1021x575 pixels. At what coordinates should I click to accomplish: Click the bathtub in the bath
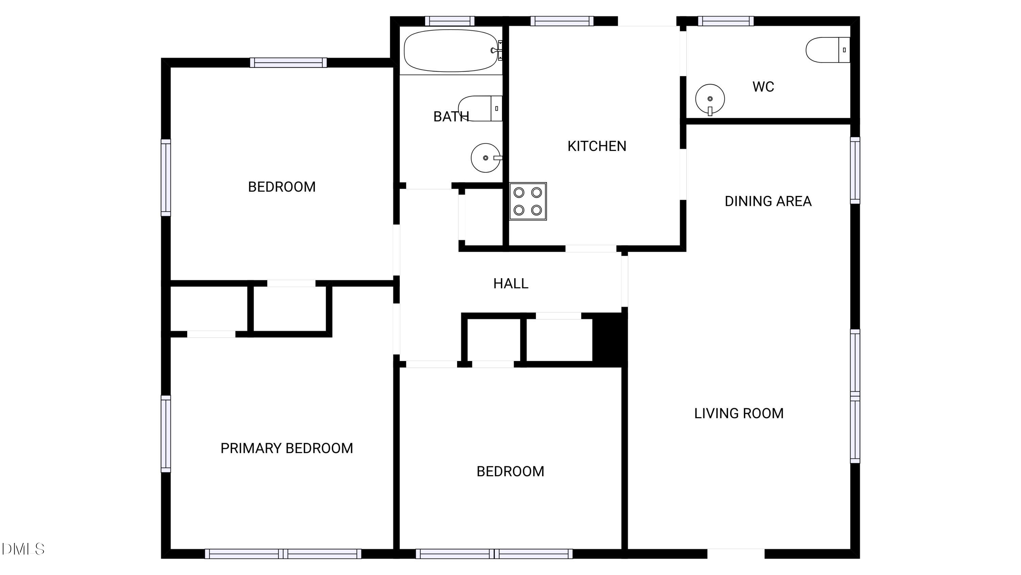[451, 50]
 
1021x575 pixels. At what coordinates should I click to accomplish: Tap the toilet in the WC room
[827, 50]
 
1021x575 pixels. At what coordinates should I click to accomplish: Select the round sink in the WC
[710, 99]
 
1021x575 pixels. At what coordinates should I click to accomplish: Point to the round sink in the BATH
[486, 158]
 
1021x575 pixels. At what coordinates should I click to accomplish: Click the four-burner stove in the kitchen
[528, 201]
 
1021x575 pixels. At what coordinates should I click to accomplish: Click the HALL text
[510, 284]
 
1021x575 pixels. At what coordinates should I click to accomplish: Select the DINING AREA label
[768, 201]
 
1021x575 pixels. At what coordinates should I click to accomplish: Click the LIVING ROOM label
[739, 413]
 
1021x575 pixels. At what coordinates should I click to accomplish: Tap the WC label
[763, 87]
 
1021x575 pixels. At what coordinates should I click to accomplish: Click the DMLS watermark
[23, 549]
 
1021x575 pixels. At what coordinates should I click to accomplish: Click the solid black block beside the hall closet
[610, 339]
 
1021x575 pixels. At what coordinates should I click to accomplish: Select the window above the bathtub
[450, 21]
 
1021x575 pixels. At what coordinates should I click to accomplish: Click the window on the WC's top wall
[726, 21]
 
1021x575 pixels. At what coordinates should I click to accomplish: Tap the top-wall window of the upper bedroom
[288, 63]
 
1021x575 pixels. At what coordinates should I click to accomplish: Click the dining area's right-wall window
[855, 171]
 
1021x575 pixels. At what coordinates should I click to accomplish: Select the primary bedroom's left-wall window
[166, 434]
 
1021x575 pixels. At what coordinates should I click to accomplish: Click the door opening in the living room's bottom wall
[735, 554]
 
